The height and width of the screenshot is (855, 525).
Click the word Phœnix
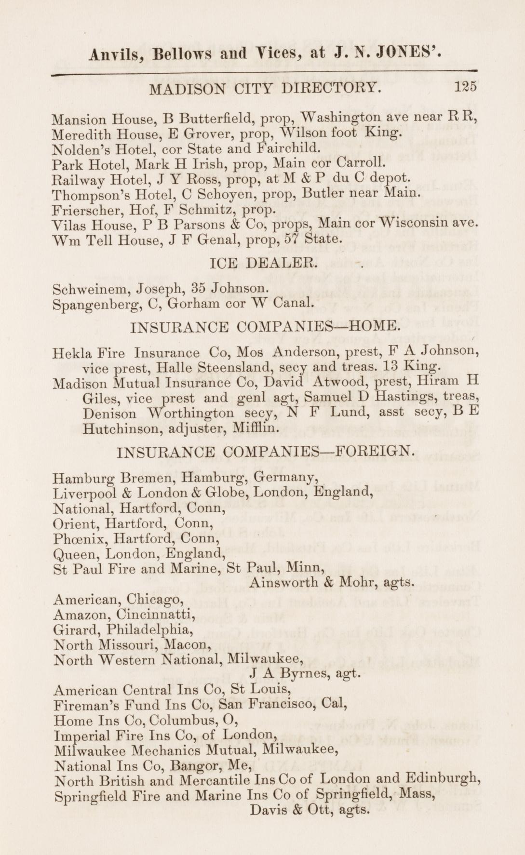(76, 538)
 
